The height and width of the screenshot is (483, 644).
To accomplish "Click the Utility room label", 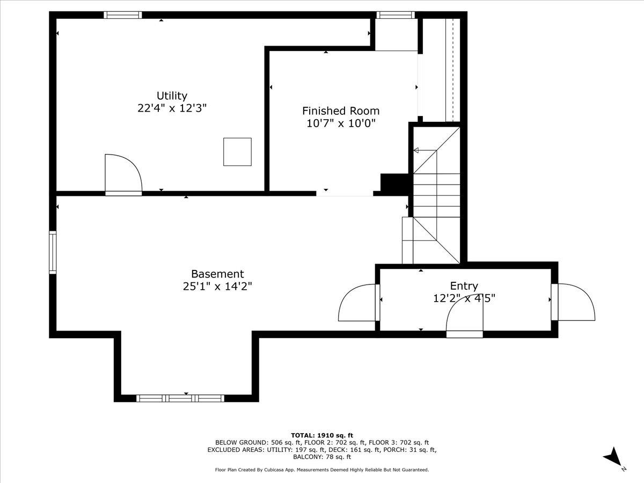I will (172, 96).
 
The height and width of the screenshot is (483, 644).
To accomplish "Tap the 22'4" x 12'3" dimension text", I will (172, 108).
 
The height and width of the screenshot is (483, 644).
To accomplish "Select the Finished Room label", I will (341, 111).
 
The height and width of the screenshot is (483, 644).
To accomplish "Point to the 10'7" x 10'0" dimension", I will (341, 123).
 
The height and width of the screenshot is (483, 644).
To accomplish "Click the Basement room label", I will (217, 274).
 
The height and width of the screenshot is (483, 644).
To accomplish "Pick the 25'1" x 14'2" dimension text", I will (217, 287).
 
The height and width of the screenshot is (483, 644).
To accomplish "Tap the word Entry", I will (464, 286).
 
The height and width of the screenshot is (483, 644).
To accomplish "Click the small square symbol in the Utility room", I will (237, 151).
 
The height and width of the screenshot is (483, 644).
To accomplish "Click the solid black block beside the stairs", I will (395, 184).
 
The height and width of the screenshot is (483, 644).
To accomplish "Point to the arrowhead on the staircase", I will (416, 151).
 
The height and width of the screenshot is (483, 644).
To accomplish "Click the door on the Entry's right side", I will (574, 302).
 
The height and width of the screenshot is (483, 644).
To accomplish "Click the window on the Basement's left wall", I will (53, 252).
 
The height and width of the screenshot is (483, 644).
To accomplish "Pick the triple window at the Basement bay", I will (180, 398).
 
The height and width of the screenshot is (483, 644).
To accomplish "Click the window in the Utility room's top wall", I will (123, 15).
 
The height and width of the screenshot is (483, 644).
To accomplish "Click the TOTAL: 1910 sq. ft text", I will (322, 435).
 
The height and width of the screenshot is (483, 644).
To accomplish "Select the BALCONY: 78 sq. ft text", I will (322, 457).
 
